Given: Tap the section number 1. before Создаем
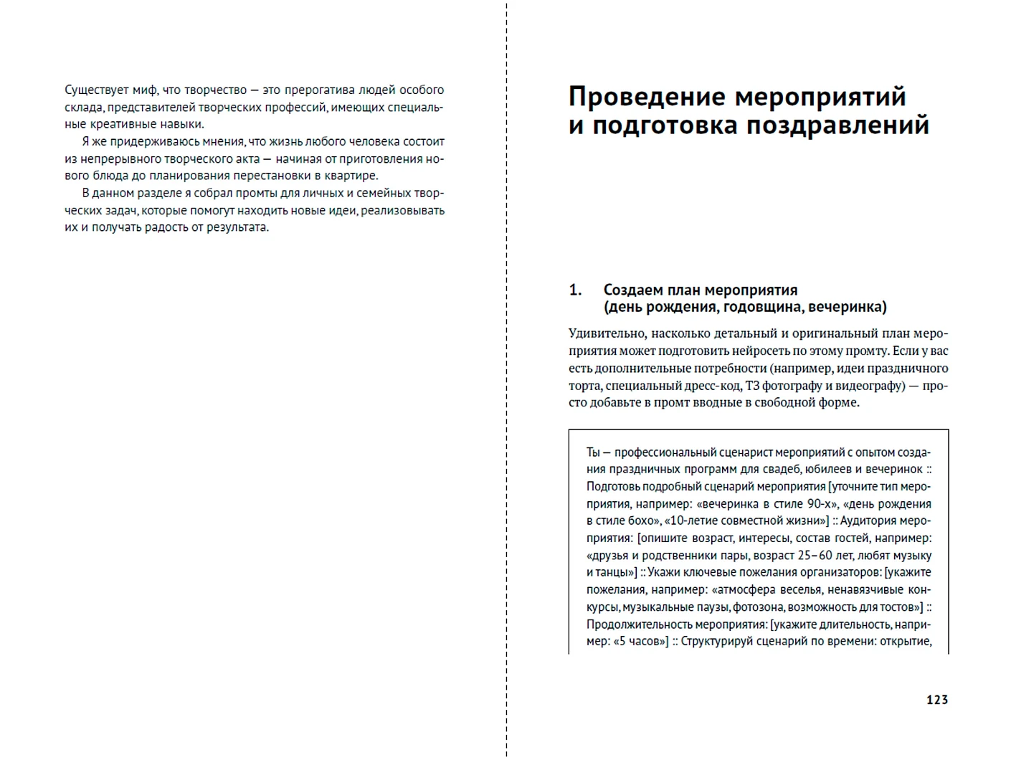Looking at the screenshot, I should tap(575, 290).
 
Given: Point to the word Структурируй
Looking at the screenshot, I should tap(719, 642).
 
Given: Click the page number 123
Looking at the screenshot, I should tap(936, 700).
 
